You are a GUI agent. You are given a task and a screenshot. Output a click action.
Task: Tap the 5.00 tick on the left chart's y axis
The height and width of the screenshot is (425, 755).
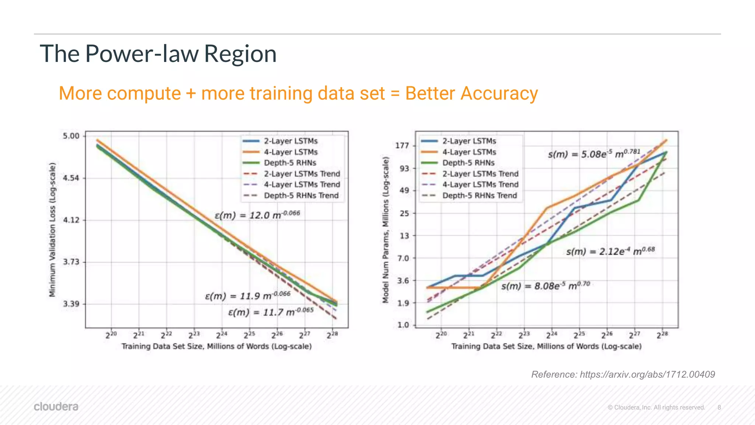[x=71, y=136]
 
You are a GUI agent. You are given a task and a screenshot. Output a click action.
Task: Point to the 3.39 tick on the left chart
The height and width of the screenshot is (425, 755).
[x=71, y=304]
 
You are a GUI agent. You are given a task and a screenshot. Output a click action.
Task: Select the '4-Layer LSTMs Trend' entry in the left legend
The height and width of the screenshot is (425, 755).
[x=302, y=184]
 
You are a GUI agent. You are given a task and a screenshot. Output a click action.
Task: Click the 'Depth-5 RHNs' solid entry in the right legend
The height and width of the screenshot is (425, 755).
[x=468, y=163]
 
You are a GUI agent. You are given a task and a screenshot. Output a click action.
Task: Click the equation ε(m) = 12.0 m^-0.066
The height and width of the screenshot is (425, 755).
[x=257, y=215]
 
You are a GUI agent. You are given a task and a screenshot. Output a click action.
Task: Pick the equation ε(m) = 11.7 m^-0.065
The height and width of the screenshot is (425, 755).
[x=271, y=312]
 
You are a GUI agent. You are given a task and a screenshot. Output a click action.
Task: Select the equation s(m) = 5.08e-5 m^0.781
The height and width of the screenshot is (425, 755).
[x=594, y=154]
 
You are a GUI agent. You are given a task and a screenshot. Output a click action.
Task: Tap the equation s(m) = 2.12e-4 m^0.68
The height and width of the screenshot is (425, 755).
[x=610, y=251]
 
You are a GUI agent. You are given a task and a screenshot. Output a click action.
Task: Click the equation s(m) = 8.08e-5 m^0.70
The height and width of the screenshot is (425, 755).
[x=546, y=286]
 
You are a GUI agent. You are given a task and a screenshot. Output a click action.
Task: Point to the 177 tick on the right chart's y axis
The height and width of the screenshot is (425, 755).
[x=402, y=145]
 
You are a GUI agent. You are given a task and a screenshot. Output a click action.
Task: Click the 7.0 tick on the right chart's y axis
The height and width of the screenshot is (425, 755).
[x=403, y=258]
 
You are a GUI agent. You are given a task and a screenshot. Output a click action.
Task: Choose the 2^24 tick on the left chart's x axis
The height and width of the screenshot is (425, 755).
[x=222, y=335]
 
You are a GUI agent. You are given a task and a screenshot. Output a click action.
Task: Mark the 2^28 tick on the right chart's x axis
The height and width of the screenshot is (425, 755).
[x=662, y=335]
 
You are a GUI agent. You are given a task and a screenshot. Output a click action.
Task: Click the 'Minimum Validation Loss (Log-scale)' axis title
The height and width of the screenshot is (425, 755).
[x=52, y=229]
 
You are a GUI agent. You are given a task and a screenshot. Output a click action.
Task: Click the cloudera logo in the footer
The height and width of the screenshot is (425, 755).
[x=56, y=407]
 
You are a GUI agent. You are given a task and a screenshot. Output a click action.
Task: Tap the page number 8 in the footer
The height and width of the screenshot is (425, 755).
[x=719, y=407]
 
